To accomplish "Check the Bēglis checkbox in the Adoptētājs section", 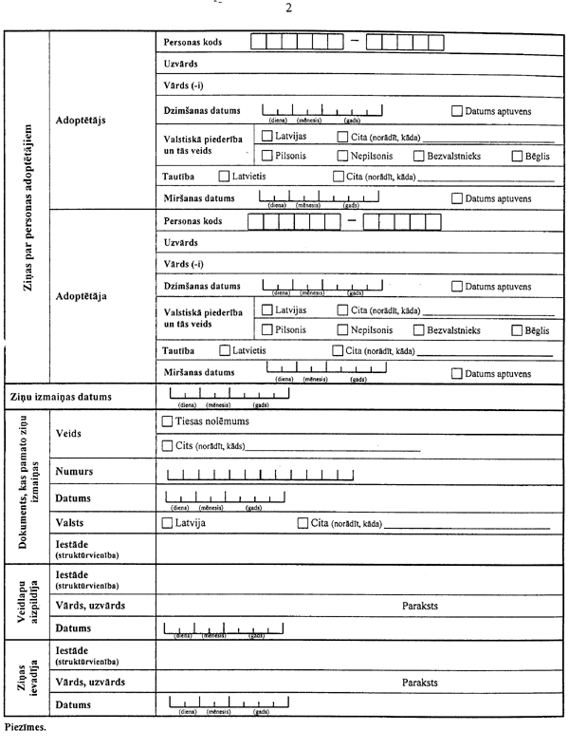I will tap(517, 156).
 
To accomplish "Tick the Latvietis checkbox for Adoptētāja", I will tap(224, 350).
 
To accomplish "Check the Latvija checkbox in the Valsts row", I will tap(167, 523).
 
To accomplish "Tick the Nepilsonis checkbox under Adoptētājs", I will tap(342, 156).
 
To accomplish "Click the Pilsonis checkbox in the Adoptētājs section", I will tap(266, 156).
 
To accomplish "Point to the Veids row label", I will tap(69, 433).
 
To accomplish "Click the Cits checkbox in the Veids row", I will tap(168, 445).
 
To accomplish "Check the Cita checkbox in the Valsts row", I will tap(303, 523).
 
